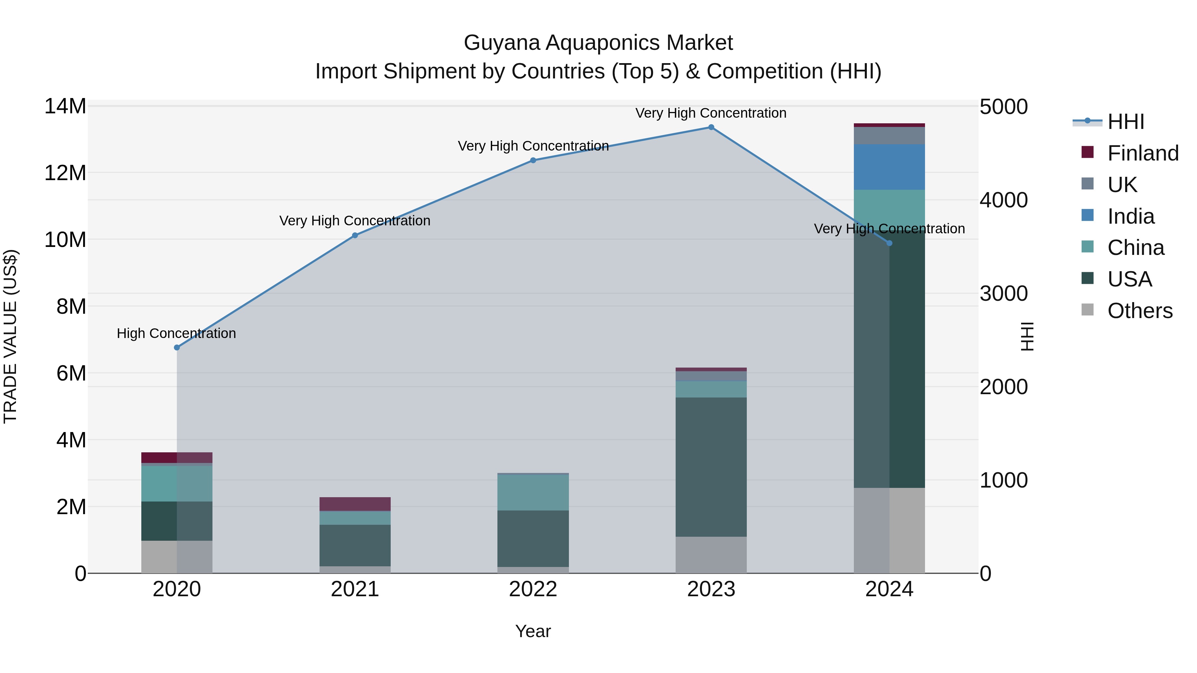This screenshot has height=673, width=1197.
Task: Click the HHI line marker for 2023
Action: click(711, 127)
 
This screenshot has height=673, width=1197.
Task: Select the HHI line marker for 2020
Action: click(177, 347)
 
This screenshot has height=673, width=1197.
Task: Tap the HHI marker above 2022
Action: click(533, 160)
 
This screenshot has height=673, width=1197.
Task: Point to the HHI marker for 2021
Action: click(355, 236)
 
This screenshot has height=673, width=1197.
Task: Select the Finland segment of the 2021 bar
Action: click(355, 504)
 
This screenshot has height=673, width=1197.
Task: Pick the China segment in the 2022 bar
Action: click(533, 492)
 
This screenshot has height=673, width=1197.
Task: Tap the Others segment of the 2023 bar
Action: click(711, 555)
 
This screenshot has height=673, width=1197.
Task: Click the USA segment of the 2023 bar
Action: click(711, 467)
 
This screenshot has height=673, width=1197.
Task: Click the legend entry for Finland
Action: click(1142, 153)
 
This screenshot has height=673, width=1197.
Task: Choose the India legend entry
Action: click(1130, 216)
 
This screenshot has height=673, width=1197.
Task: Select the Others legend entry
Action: click(1139, 311)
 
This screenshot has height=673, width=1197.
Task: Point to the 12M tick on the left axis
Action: click(65, 173)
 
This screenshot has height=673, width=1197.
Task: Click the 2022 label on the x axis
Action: click(533, 589)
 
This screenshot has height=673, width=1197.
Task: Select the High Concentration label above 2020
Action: click(176, 333)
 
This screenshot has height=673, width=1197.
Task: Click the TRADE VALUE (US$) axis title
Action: click(10, 336)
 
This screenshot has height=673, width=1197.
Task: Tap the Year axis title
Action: click(533, 631)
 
